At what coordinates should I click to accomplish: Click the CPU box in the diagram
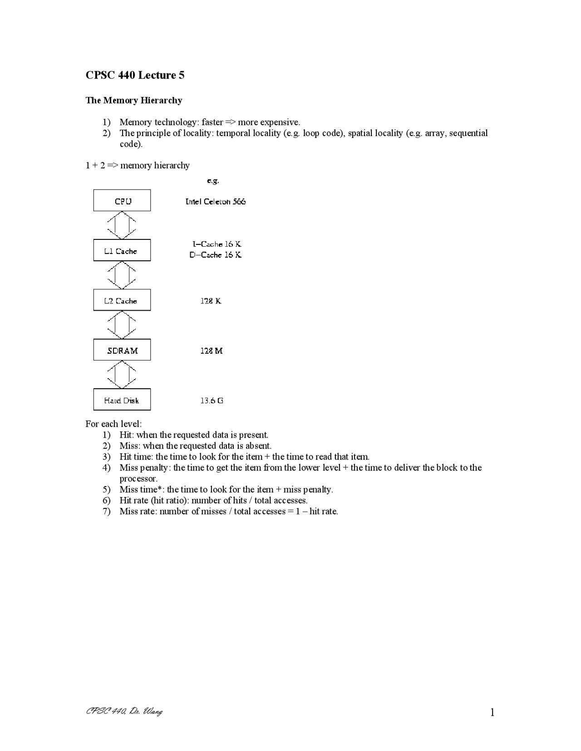[x=122, y=200]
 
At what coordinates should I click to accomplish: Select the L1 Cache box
[x=122, y=250]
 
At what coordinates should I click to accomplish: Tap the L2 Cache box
[x=122, y=300]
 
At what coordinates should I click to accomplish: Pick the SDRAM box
[x=122, y=350]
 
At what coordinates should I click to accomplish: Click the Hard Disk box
[x=122, y=400]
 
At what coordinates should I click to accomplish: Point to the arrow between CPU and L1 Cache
[x=122, y=225]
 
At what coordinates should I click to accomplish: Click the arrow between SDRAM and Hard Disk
[x=122, y=375]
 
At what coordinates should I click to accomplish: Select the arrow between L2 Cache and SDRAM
[x=122, y=325]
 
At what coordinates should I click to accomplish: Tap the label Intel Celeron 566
[x=215, y=201]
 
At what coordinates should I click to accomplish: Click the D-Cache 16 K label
[x=215, y=255]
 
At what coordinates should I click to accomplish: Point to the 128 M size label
[x=211, y=351]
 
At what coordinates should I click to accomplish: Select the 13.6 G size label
[x=212, y=400]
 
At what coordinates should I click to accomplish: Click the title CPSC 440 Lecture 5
[x=135, y=75]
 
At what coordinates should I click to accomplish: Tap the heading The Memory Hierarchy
[x=133, y=100]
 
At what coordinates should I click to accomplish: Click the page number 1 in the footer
[x=492, y=712]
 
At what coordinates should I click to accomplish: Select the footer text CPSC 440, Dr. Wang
[x=124, y=711]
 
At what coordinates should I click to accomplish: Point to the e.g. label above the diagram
[x=213, y=180]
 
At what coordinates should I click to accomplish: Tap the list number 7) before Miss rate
[x=107, y=512]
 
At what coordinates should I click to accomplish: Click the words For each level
[x=113, y=424]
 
